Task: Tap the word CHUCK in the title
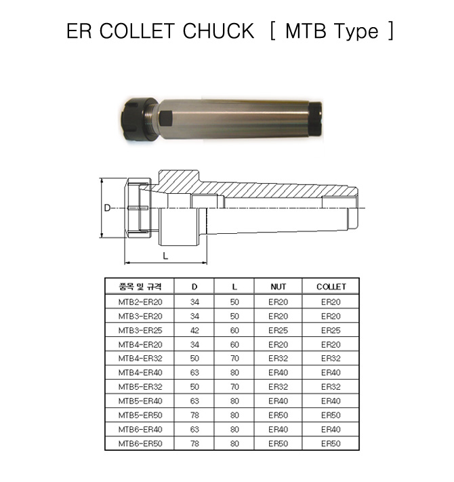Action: coord(218,31)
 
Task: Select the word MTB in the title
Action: coord(306,31)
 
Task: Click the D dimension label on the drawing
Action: coord(107,208)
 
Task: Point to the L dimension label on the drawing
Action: coord(165,256)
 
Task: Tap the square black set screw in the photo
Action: coord(166,119)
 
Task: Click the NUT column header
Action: coord(278,287)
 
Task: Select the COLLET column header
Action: coord(331,287)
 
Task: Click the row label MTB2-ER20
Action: coord(140,302)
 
